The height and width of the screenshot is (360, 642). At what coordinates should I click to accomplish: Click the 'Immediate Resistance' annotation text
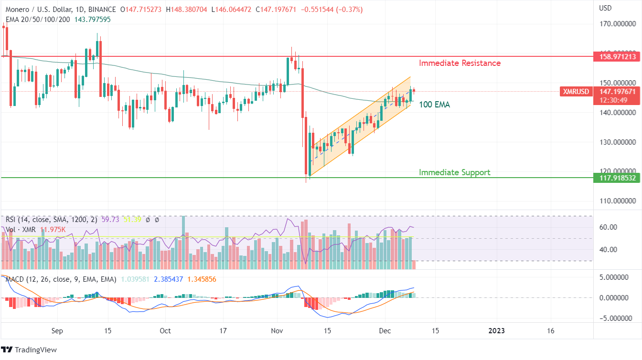460,63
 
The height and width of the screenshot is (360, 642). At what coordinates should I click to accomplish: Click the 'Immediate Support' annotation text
454,172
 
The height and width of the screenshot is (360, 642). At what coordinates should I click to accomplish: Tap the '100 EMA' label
434,105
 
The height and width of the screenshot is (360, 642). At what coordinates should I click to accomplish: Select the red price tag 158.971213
618,56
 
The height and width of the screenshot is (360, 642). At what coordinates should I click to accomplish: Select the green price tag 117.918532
618,178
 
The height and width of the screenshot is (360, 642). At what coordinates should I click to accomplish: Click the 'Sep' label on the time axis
57,330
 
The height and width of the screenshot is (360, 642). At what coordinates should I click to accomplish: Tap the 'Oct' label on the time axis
165,330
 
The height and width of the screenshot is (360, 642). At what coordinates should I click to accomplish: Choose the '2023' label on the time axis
497,330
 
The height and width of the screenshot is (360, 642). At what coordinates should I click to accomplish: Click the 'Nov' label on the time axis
276,330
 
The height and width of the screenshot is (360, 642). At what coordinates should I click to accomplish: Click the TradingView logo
29,350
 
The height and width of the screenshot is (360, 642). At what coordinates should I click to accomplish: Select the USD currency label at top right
606,8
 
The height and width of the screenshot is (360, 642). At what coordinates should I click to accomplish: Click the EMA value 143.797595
92,20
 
